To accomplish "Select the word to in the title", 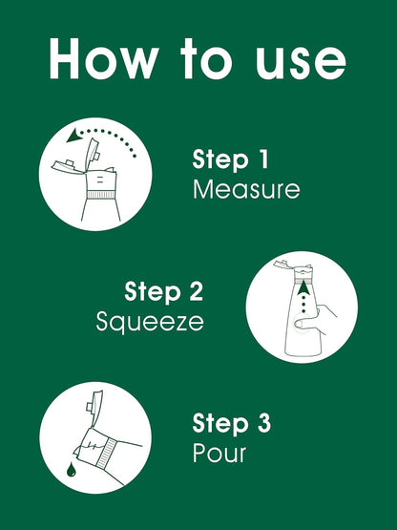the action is click(206, 59).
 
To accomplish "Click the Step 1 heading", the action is click(230, 159).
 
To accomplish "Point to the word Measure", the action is click(246, 189).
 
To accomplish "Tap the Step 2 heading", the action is click(164, 292).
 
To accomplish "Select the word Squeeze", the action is click(150, 322).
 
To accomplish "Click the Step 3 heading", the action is click(232, 424).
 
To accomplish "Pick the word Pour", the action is click(219, 453).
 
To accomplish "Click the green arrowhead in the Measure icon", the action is click(74, 136).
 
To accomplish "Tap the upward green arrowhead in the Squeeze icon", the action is click(303, 287).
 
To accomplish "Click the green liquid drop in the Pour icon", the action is click(71, 470).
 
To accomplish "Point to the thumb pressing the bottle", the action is click(304, 324).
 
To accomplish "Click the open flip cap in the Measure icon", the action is click(92, 154).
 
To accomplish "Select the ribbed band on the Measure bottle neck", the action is click(101, 195).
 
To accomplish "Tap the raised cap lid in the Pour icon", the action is click(95, 409).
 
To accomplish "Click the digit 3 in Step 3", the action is click(264, 424).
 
